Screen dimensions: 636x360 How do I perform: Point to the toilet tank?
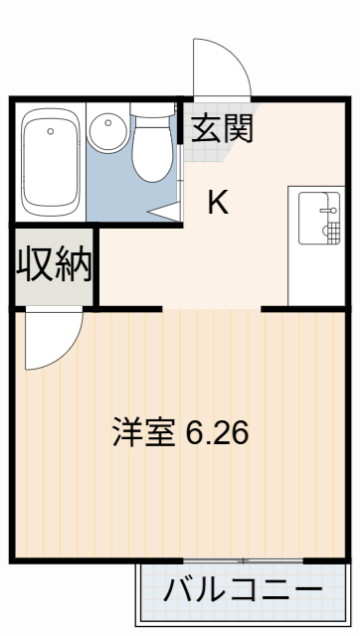(x=152, y=113)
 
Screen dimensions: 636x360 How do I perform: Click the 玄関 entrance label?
(x=222, y=127)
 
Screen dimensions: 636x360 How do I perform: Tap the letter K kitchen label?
(x=218, y=203)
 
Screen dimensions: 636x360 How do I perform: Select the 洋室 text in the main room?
(x=144, y=433)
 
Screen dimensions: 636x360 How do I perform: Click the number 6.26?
(x=217, y=433)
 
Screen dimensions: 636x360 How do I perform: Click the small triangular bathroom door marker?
(x=166, y=212)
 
